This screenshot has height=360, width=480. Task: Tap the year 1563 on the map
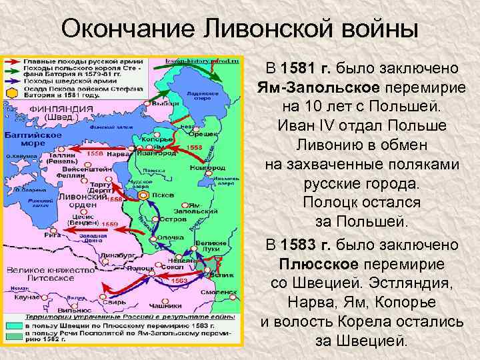(179, 281)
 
